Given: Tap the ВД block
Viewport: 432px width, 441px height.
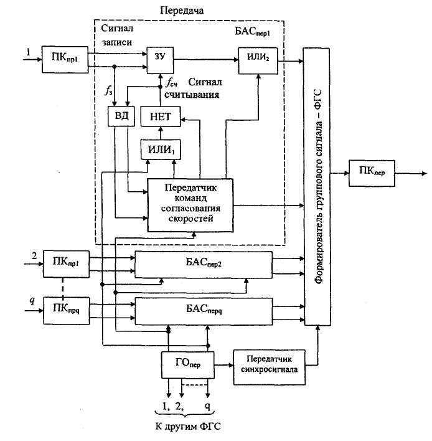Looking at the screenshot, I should [121, 117].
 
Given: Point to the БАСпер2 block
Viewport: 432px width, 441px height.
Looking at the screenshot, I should [204, 264].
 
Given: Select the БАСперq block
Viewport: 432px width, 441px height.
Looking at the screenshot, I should [204, 310].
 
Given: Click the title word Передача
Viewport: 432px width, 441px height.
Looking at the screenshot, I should [182, 11].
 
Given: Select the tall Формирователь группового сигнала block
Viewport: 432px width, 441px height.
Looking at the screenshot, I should [317, 186].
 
